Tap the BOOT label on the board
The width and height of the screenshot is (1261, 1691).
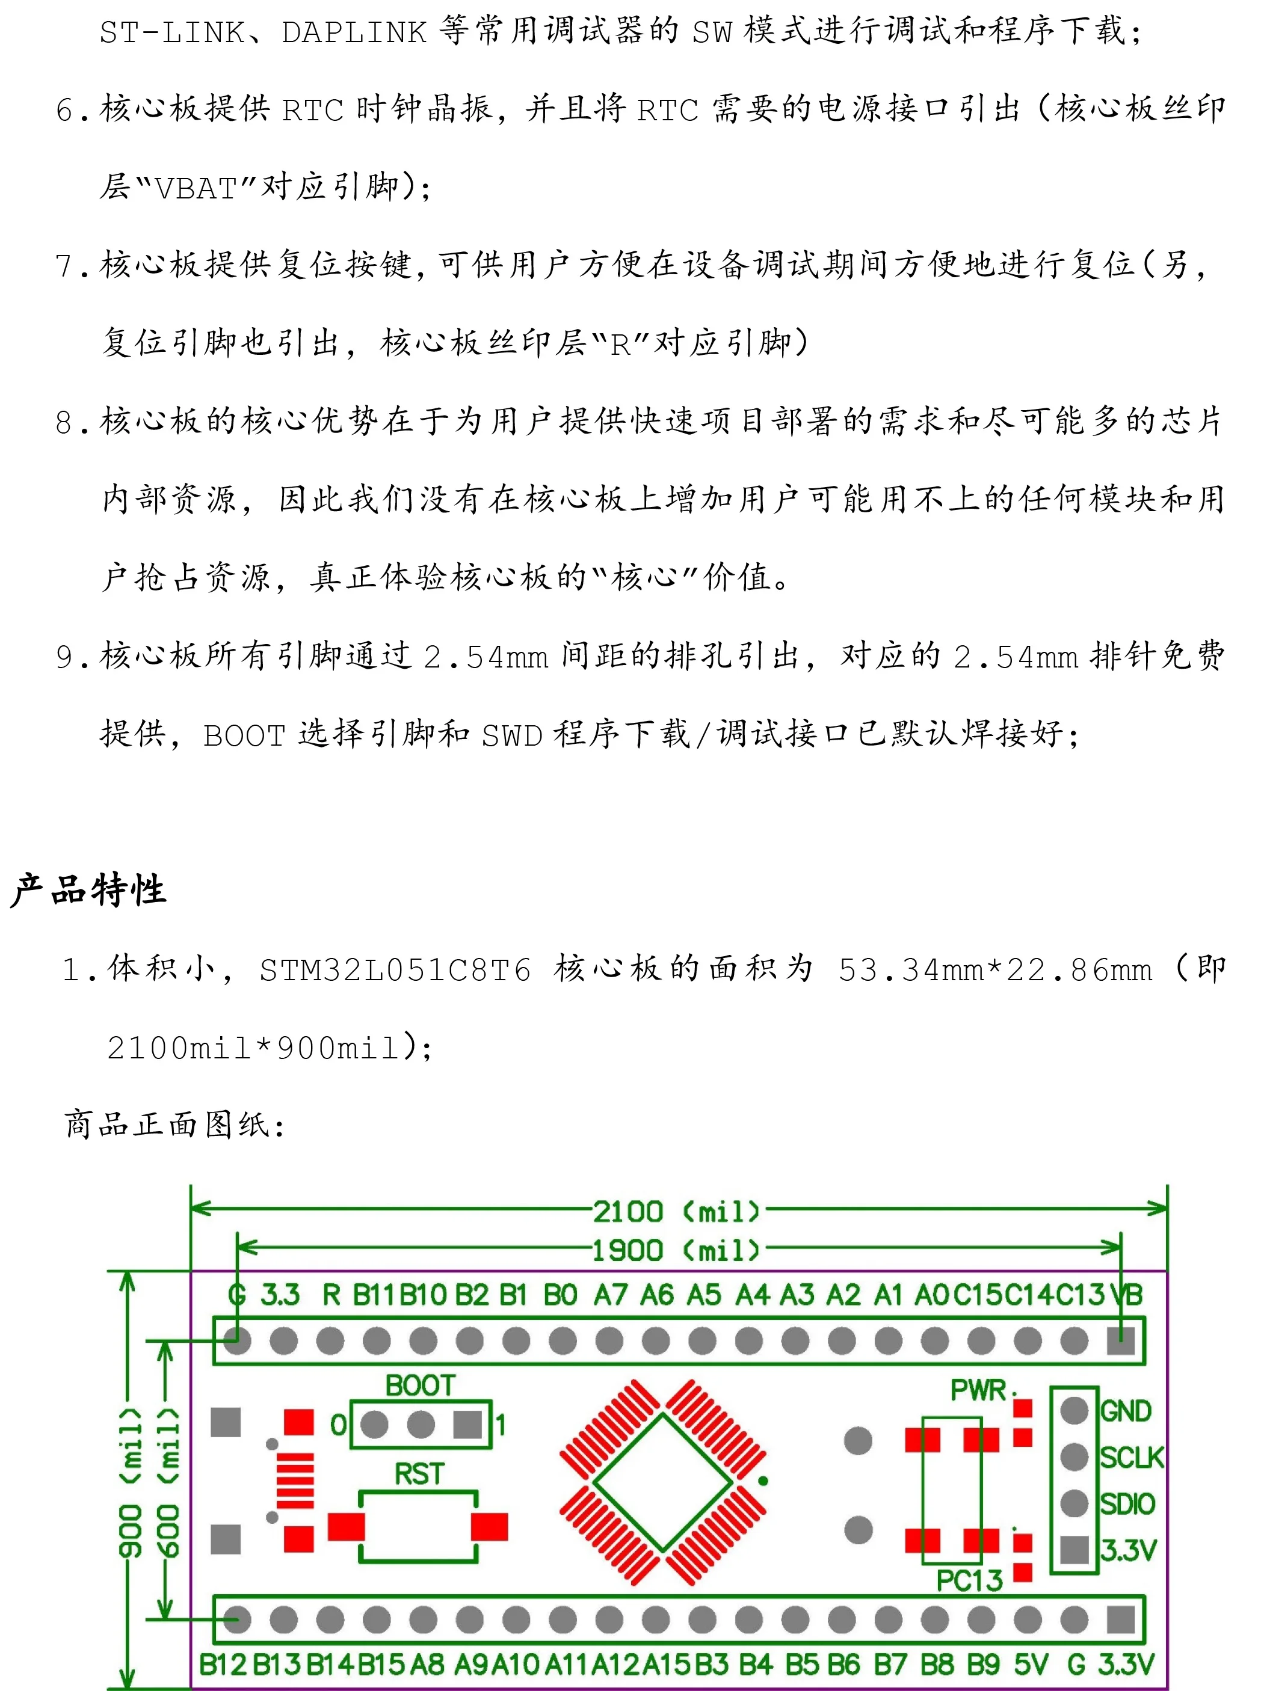point(420,1385)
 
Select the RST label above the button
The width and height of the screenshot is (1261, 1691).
point(419,1473)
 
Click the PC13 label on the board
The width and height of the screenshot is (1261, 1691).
point(969,1580)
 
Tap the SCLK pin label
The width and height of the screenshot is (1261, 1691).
point(1131,1458)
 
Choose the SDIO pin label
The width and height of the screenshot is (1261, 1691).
point(1127,1504)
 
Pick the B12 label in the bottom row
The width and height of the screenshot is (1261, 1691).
point(223,1665)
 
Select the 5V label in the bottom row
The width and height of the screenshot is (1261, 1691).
point(1031,1665)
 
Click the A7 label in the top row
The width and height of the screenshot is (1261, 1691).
point(611,1295)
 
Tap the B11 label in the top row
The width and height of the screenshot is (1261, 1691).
point(374,1295)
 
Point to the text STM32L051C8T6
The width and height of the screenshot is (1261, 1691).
point(395,971)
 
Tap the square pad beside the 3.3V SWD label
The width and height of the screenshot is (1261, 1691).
point(1074,1549)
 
